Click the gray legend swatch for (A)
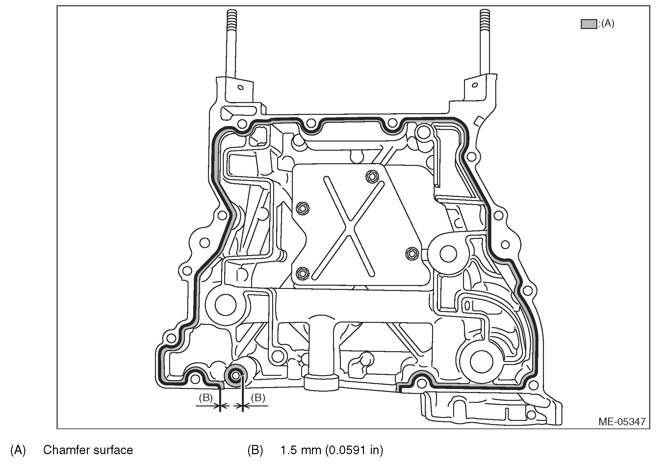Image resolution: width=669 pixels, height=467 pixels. [588, 24]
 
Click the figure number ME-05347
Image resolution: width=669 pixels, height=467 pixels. [622, 422]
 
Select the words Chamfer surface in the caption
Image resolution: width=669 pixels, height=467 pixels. [88, 450]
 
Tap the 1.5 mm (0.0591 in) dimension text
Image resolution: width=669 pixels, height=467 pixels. [332, 450]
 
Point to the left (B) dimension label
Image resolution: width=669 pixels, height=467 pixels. [206, 398]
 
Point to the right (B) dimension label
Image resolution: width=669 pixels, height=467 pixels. [258, 398]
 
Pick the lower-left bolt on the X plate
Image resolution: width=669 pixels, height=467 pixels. [302, 273]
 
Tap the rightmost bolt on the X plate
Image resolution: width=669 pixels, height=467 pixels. [411, 254]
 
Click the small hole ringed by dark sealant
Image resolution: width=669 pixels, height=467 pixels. [236, 376]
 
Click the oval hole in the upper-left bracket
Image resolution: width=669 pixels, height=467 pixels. [241, 88]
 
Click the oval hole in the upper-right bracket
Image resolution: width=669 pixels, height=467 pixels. [475, 85]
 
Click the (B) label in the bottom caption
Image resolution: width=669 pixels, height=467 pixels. [255, 450]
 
